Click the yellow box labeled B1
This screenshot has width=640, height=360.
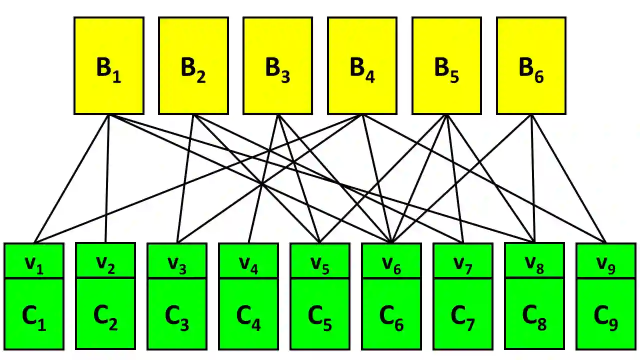point(109,66)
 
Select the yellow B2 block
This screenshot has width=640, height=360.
point(193,66)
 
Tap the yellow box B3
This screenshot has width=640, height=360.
point(278,66)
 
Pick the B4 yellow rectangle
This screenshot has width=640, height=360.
point(362,66)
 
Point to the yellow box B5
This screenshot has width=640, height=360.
point(447,66)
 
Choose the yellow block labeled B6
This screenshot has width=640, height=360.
point(531,66)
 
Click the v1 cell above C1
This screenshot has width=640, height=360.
point(34,260)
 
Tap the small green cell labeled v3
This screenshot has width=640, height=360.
point(177,260)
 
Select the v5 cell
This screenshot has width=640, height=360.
point(320,260)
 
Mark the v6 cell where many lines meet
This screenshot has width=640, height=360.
point(391,260)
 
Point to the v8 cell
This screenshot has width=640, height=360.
point(534,260)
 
